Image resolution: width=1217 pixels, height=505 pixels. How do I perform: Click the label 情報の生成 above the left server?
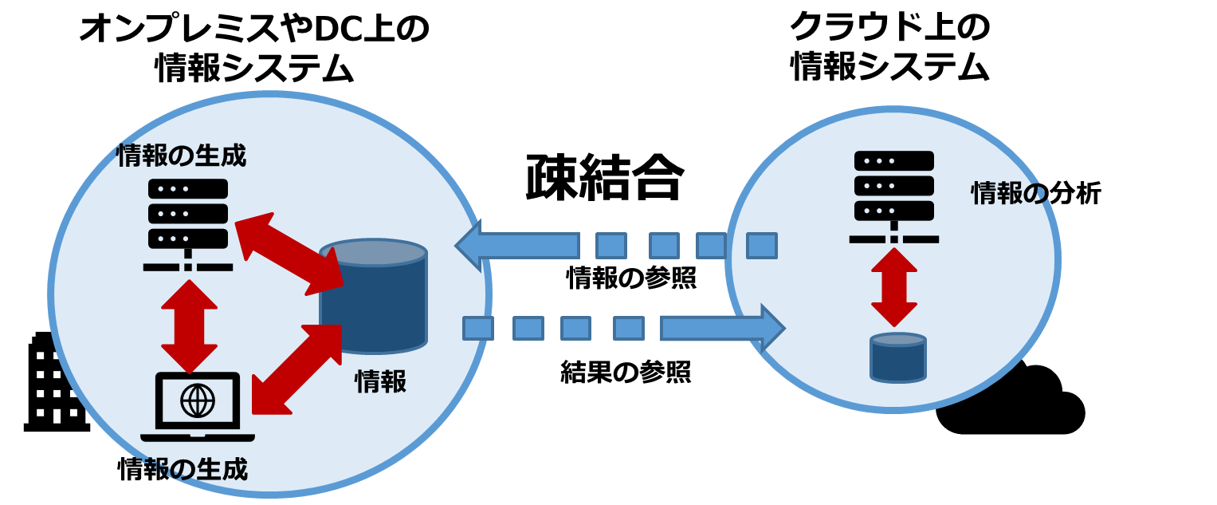tap(181, 156)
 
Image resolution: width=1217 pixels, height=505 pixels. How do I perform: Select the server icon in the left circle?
tap(188, 224)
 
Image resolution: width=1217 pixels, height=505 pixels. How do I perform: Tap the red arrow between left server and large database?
tap(289, 254)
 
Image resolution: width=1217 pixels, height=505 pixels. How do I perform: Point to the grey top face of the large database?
tap(373, 253)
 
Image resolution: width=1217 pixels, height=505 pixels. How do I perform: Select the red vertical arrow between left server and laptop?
tap(189, 327)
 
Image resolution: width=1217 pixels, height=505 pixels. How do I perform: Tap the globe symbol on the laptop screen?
tap(198, 400)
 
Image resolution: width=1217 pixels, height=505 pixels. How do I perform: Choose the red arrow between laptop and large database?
tap(296, 369)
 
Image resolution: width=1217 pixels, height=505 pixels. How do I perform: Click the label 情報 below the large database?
tap(380, 381)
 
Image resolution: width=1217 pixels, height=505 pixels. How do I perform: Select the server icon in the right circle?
tap(893, 196)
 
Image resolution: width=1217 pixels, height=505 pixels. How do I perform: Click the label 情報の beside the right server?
tap(1009, 193)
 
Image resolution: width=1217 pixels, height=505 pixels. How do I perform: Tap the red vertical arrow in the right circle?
tap(893, 287)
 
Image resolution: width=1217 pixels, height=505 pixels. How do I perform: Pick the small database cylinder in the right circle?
tap(897, 358)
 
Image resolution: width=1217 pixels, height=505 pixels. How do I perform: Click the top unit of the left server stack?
tap(188, 189)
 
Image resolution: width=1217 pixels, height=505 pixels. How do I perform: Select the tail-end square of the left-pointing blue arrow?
tap(761, 245)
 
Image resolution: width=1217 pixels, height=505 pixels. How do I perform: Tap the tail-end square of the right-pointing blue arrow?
tap(477, 328)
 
